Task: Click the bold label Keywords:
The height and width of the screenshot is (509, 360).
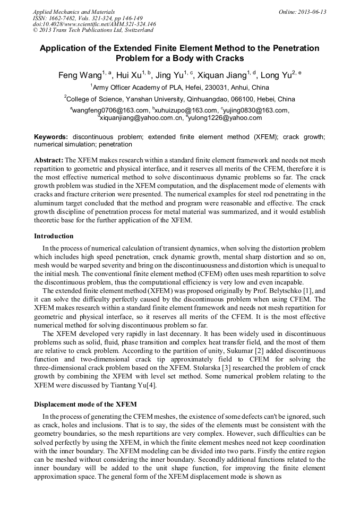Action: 51,137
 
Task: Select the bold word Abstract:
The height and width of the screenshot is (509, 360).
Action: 48,160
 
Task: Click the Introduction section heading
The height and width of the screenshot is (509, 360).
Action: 54,236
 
